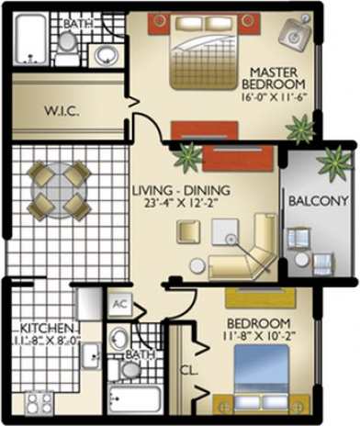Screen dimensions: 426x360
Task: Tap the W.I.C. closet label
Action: coord(61,112)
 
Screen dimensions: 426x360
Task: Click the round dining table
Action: coord(58,189)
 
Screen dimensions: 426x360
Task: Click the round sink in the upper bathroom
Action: coord(107,55)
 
